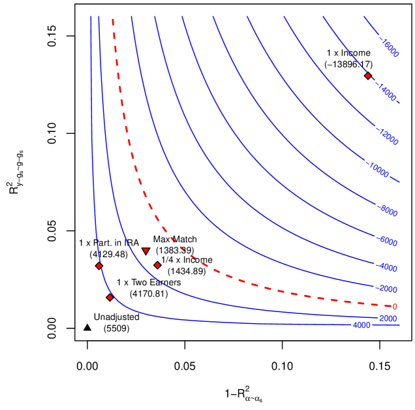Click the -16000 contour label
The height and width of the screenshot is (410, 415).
click(x=389, y=48)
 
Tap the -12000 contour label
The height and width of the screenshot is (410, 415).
click(x=388, y=137)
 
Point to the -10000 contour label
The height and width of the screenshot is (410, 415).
click(x=378, y=171)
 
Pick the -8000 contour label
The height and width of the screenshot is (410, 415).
click(x=388, y=211)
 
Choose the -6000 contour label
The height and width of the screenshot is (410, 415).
click(x=388, y=242)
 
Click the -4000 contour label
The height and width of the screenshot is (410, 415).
click(x=388, y=268)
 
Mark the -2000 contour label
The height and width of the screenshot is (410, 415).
click(x=388, y=289)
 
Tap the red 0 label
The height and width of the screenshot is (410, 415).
click(x=394, y=306)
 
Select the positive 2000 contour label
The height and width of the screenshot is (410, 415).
click(x=388, y=319)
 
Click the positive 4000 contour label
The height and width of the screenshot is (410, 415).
click(x=361, y=325)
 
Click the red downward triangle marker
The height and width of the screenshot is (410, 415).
click(x=146, y=251)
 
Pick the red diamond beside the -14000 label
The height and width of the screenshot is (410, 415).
click(x=368, y=76)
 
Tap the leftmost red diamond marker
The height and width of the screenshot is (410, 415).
click(x=99, y=266)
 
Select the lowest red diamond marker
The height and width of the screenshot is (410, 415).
click(x=110, y=298)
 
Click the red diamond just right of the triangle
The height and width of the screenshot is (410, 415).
click(x=157, y=265)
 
